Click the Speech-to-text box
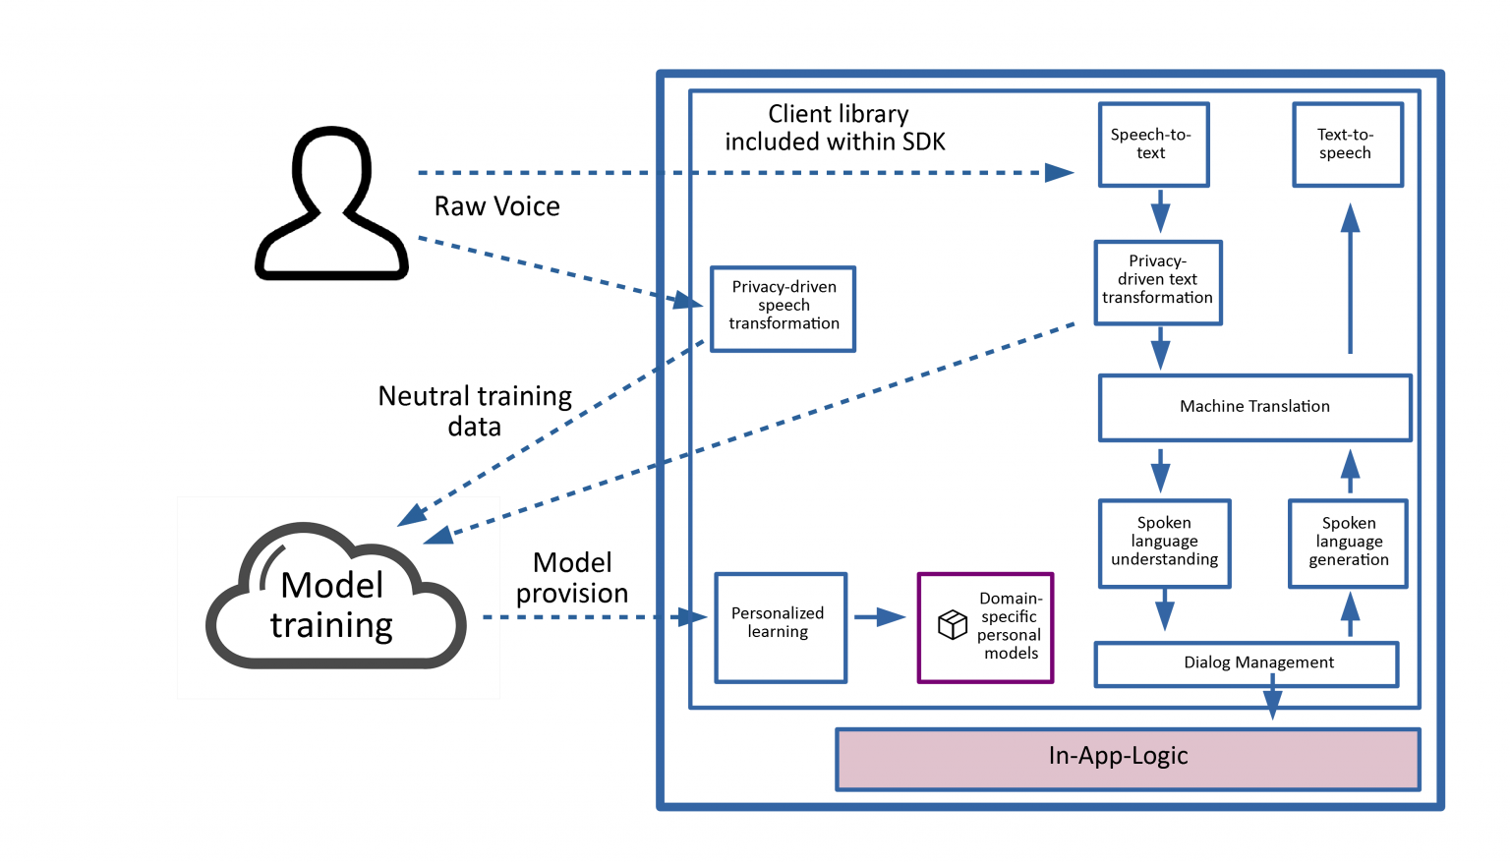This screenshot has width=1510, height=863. coord(1153,144)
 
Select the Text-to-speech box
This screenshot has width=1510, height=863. coord(1347,144)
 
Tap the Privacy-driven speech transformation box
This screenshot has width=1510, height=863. coord(784,309)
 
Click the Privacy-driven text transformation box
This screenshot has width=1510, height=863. coord(1158,282)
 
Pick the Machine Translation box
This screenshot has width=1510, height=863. coord(1254,407)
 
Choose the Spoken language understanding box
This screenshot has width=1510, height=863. coord(1164,544)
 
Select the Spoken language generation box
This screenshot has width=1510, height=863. coord(1348,544)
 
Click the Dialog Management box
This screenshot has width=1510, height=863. coord(1247,663)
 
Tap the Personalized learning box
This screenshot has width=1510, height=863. coord(781,627)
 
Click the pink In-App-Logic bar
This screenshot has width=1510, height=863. coord(1128,758)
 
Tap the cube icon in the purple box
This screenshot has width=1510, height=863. coord(952,624)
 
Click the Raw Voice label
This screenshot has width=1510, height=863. coord(497,206)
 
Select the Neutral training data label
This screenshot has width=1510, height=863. coord(475,411)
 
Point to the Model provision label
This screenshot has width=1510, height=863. coord(572,578)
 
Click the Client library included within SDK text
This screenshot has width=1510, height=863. coord(836,128)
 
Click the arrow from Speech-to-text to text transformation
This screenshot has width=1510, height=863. coord(1160,211)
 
